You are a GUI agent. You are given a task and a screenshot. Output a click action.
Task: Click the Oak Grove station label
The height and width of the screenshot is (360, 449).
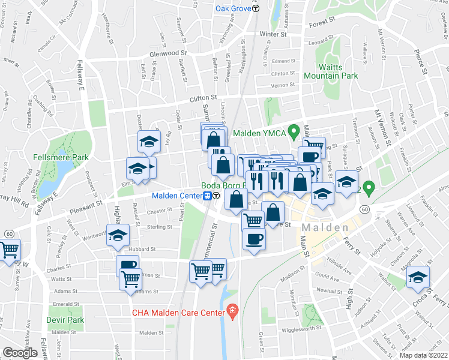tap(233, 8)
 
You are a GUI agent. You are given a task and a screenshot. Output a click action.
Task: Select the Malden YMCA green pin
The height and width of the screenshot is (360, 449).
tap(294, 130)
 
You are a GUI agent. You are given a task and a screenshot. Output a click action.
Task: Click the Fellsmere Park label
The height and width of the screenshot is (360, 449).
tap(68, 157)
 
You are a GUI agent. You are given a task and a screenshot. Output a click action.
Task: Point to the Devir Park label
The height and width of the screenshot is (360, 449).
tap(67, 320)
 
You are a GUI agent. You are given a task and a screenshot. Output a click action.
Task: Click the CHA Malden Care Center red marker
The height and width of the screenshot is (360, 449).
tap(233, 311)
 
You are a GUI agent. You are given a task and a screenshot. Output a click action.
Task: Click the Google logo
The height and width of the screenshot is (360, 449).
tap(20, 352)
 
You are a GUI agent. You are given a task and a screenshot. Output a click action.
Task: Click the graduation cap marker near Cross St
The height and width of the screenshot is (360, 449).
tap(418, 277)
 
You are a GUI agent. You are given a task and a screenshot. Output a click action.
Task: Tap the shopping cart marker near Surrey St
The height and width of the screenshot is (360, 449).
tap(9, 250)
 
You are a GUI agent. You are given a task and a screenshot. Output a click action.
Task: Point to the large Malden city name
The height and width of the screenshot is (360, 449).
tap(325, 228)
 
